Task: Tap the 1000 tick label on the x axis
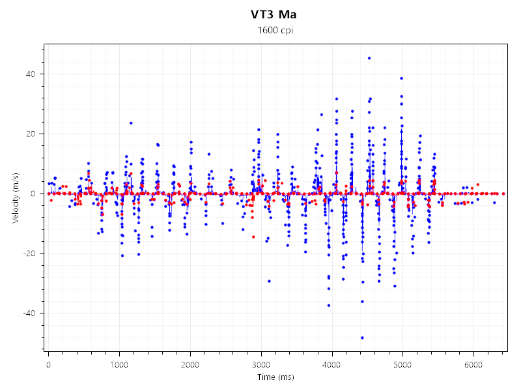(119, 362)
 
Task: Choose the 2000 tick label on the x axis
(190, 362)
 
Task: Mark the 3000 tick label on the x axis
(261, 362)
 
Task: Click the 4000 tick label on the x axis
(332, 362)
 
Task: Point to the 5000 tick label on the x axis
(403, 362)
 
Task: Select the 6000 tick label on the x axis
(474, 362)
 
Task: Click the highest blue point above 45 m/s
(369, 58)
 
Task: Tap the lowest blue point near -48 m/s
(362, 338)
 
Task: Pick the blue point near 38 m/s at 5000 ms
(402, 78)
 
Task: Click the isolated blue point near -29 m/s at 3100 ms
(269, 281)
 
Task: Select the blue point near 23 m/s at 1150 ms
(131, 123)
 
